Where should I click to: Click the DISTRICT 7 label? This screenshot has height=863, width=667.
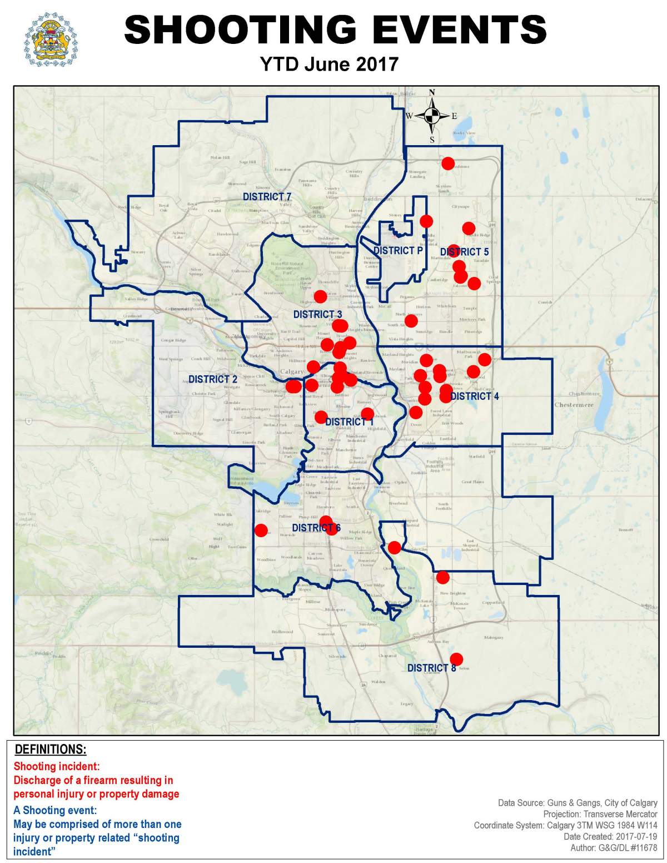[267, 197]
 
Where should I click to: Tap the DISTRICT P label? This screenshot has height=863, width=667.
[398, 251]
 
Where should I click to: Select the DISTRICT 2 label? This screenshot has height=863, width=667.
[213, 379]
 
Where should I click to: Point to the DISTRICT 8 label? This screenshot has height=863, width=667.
[431, 668]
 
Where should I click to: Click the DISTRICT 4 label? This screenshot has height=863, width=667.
[475, 396]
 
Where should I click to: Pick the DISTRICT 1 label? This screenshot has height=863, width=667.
[350, 422]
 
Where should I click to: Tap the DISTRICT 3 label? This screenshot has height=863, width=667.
[318, 315]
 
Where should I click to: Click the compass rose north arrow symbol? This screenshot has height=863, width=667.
[432, 116]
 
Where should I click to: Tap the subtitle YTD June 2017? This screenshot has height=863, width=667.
[329, 64]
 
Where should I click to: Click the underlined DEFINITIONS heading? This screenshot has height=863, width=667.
[51, 749]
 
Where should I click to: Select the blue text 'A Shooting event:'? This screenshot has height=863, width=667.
[55, 810]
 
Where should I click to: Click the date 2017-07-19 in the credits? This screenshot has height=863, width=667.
[635, 836]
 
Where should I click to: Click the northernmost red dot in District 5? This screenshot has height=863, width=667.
[447, 163]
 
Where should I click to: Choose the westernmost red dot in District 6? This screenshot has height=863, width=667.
[261, 530]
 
